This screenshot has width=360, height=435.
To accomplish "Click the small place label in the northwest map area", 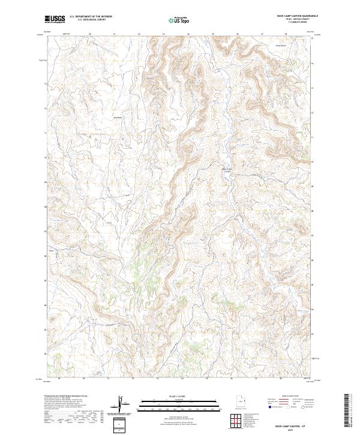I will tap(118, 117).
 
